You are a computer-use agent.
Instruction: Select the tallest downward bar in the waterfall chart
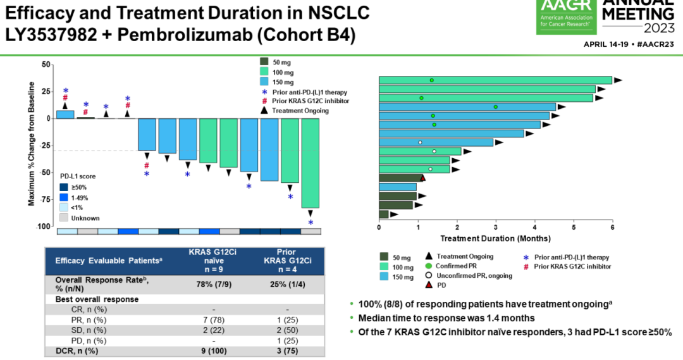click(311, 163)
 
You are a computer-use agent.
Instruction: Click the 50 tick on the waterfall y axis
click(46, 65)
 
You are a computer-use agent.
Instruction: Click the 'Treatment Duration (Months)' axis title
click(495, 239)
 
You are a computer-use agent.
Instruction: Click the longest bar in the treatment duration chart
click(495, 80)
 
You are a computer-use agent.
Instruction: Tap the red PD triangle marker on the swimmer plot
click(422, 178)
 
